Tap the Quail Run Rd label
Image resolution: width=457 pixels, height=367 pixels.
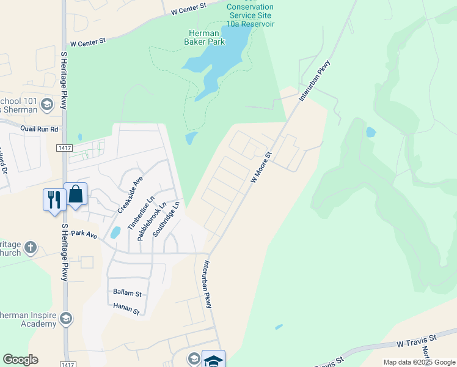39,130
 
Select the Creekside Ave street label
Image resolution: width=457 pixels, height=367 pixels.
130,195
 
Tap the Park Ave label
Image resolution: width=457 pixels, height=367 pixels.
84,234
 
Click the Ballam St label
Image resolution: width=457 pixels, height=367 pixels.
127,292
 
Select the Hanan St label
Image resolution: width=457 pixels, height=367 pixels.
126,310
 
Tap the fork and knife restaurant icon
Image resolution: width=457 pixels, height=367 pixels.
54,199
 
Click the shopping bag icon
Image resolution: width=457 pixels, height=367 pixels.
76,195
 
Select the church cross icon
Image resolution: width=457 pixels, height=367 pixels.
31,248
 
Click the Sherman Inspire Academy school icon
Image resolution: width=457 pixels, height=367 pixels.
66,318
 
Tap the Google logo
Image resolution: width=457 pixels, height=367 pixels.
20,360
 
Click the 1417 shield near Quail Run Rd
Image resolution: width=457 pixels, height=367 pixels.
64,148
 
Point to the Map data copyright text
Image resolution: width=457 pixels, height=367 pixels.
419,362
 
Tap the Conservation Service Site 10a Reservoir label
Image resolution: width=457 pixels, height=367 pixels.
250,15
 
